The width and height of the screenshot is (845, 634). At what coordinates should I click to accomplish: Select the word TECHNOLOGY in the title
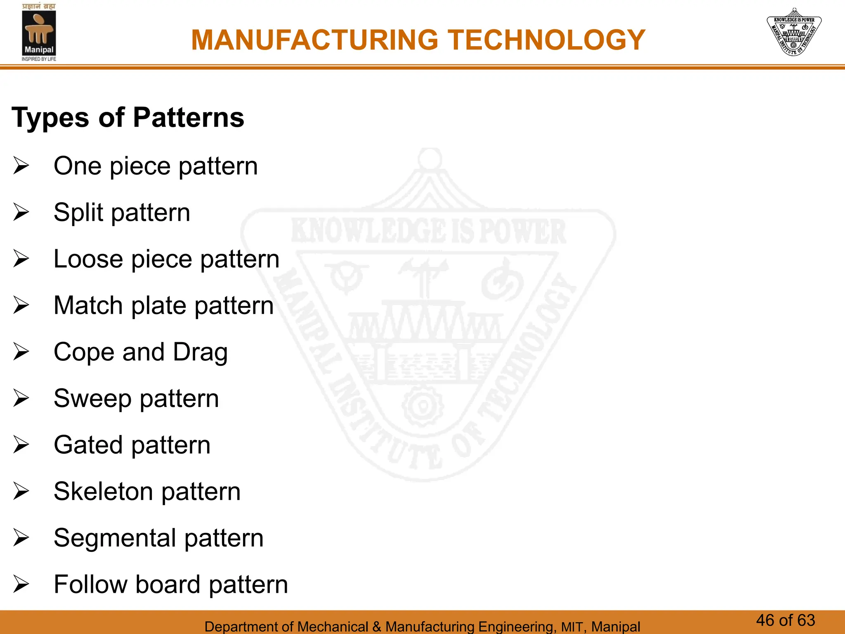(x=547, y=40)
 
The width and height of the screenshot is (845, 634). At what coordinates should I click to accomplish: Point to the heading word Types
(x=50, y=118)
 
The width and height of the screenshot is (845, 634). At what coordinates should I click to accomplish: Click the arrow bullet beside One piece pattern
(x=21, y=166)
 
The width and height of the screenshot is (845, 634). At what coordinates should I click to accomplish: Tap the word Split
(x=78, y=213)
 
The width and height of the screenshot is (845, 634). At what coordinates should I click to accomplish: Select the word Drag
(x=200, y=352)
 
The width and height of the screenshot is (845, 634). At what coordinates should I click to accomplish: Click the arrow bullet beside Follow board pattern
(x=21, y=584)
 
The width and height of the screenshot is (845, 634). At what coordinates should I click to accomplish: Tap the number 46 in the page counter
(x=765, y=620)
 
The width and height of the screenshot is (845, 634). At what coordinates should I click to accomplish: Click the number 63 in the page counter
(x=806, y=620)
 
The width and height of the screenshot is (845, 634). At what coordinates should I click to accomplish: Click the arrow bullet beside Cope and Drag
(x=21, y=352)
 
